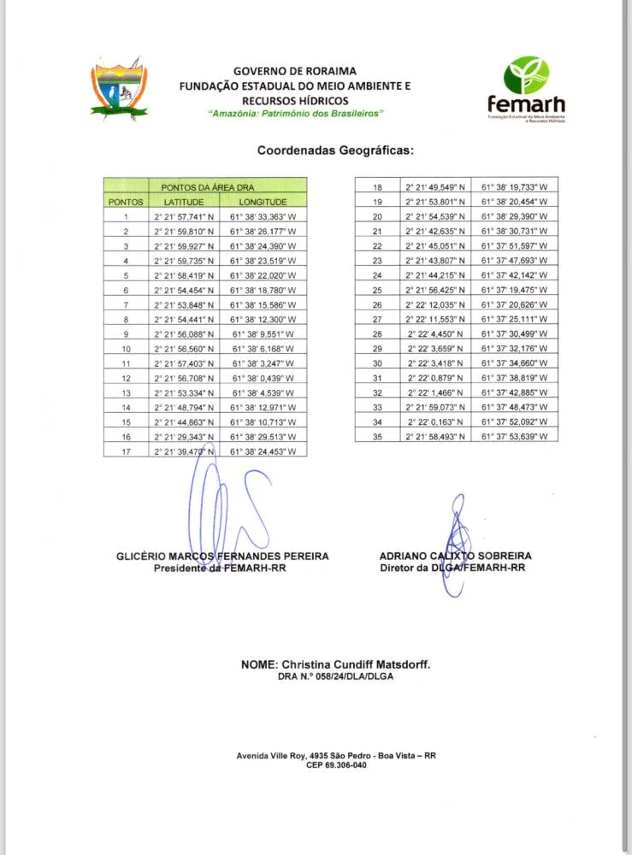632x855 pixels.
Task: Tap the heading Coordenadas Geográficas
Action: [x=335, y=150]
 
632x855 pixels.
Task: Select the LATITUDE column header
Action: [x=184, y=202]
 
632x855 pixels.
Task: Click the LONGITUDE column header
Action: [x=263, y=202]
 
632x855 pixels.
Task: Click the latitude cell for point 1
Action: [x=184, y=217]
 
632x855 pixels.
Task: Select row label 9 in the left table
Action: [x=126, y=334]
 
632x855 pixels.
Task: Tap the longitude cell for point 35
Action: [x=515, y=436]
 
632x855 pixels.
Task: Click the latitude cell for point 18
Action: [x=436, y=186]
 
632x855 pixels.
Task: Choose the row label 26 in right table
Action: [x=377, y=304]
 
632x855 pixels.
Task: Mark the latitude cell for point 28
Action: [x=436, y=333]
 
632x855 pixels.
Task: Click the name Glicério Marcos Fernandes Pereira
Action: [x=222, y=556]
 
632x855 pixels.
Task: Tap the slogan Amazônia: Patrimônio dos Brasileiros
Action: [x=297, y=114]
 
